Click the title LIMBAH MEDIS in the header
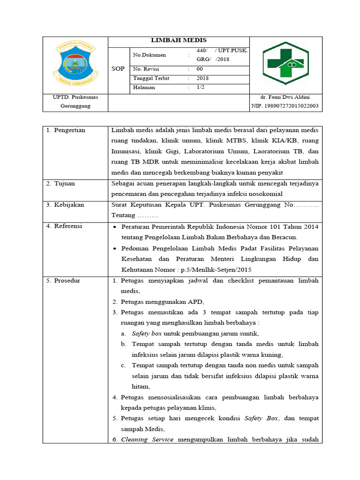(178, 40)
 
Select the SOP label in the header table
(118, 68)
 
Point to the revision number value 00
(200, 68)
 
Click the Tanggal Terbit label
(151, 78)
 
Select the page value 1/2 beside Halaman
(200, 87)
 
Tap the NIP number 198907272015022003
(285, 106)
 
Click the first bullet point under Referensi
(115, 227)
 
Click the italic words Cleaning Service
(147, 439)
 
